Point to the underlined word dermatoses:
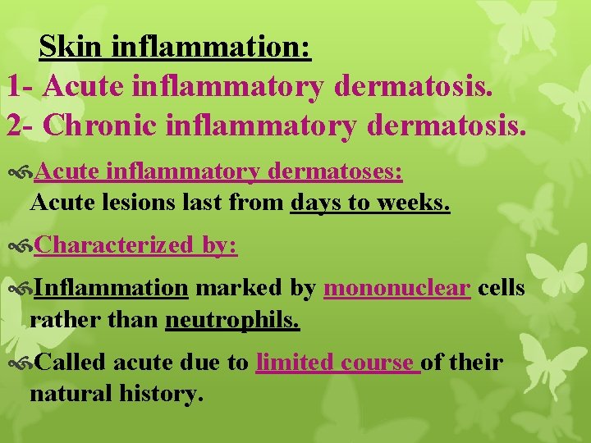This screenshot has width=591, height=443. click(x=340, y=173)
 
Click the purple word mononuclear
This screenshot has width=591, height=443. click(x=398, y=289)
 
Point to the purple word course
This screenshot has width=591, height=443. click(x=378, y=362)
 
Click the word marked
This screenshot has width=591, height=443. click(x=238, y=289)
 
